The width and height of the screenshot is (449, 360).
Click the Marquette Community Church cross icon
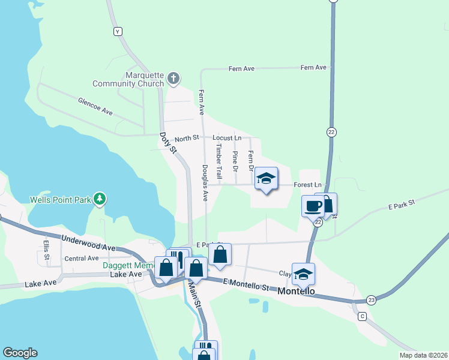click(173, 77)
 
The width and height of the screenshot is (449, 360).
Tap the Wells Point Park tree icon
click(101, 198)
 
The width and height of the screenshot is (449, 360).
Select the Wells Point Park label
click(59, 199)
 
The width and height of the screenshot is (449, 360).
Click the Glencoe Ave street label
click(95, 107)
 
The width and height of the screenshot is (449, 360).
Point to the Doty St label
click(169, 142)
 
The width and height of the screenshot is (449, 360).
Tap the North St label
click(187, 139)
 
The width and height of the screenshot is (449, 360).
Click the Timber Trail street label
click(219, 162)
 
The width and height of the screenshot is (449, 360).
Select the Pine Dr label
click(235, 161)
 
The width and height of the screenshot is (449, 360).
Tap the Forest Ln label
click(308, 185)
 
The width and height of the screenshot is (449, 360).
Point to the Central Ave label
click(82, 259)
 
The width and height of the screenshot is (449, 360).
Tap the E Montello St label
click(246, 284)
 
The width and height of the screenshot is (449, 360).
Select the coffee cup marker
click(313, 206)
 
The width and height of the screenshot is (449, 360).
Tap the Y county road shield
click(118, 31)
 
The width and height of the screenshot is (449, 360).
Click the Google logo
click(20, 353)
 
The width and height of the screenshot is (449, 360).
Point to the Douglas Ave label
click(205, 182)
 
